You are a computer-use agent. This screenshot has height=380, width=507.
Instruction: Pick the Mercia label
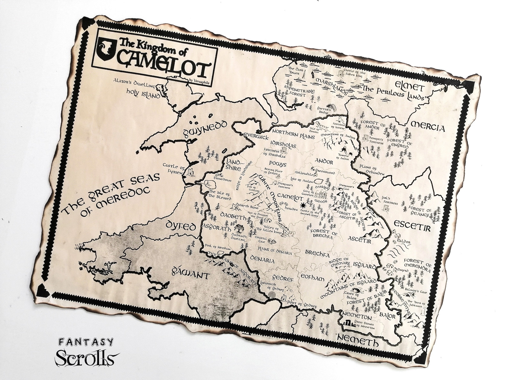[428, 127]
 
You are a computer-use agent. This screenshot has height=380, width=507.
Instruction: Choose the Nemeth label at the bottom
[358, 341]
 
